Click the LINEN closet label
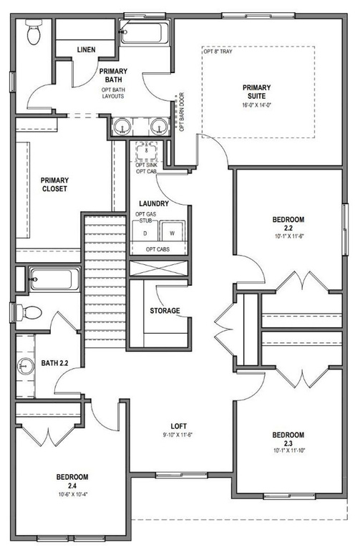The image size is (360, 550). (86, 50)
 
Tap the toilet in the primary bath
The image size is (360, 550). (34, 32)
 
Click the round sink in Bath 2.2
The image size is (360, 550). (26, 367)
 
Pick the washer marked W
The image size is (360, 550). (172, 231)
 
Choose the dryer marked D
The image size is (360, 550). (145, 231)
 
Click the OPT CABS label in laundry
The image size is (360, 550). (157, 249)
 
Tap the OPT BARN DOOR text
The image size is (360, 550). (182, 112)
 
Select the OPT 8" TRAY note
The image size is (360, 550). (218, 52)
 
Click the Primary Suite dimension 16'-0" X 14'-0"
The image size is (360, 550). (257, 105)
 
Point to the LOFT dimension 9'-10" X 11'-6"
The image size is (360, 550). (178, 435)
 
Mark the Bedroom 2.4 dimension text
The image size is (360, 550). (72, 495)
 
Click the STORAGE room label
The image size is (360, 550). (165, 311)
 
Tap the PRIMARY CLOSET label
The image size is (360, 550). (54, 185)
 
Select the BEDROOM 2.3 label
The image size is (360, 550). (288, 439)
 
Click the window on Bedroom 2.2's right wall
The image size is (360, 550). (346, 229)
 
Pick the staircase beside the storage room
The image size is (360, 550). (105, 281)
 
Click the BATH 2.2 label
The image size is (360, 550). (54, 363)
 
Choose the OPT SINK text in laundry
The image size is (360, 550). (147, 165)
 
